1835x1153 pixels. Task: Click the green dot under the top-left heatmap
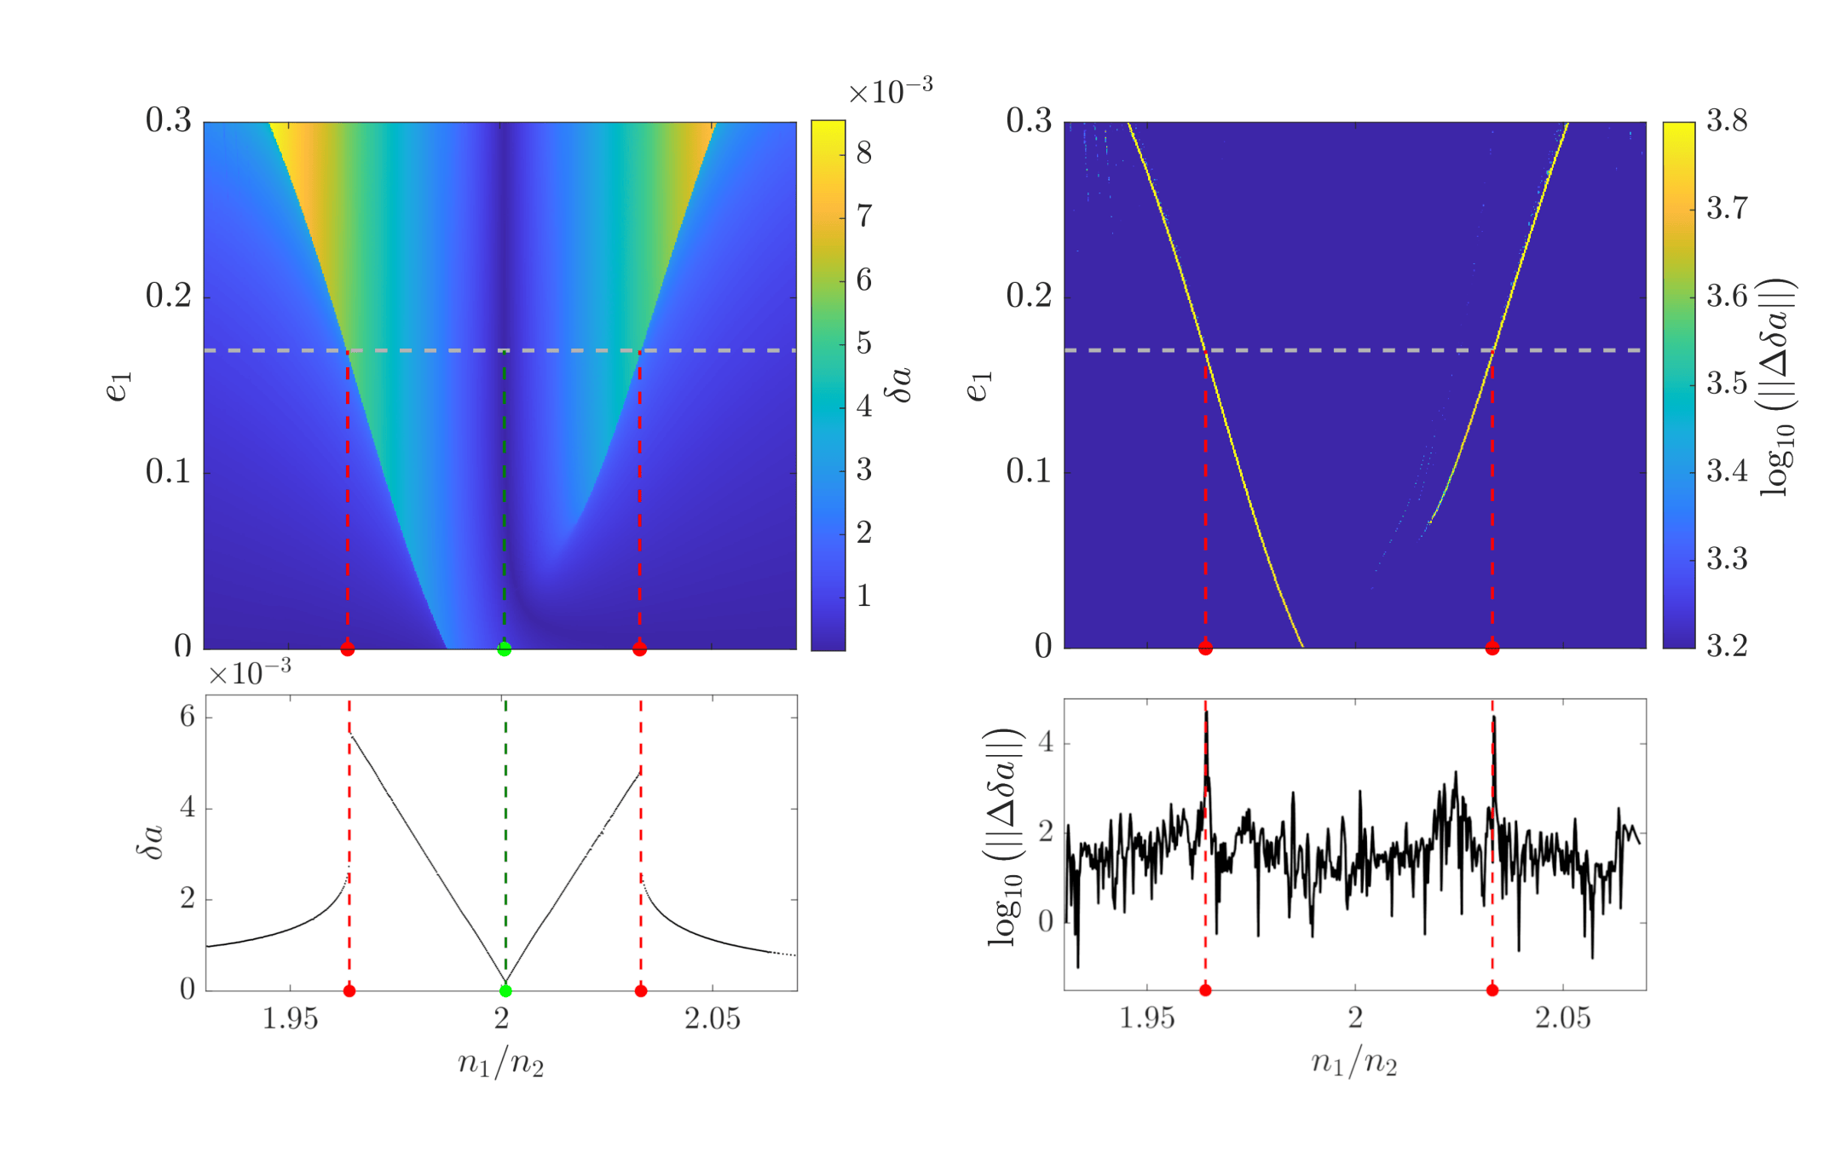(x=505, y=649)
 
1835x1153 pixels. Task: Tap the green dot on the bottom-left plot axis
(x=505, y=990)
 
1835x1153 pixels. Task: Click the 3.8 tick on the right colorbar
(x=1727, y=121)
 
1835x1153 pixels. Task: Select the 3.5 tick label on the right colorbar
(x=1727, y=383)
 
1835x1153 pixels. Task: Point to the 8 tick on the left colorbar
(x=864, y=153)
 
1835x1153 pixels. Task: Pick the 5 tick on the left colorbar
(x=864, y=343)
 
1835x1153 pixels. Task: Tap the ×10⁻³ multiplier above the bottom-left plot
(x=250, y=673)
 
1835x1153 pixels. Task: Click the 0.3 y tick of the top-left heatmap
(x=169, y=121)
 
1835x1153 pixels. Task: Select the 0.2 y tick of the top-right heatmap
(x=1029, y=296)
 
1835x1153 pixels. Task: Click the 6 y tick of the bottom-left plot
(x=188, y=717)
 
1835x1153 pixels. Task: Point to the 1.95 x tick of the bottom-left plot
(x=290, y=1018)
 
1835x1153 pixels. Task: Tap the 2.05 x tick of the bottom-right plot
(x=1563, y=1018)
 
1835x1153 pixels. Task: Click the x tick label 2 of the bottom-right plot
(x=1355, y=1018)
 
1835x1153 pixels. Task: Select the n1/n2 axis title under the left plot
(x=501, y=1064)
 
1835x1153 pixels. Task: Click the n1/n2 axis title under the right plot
(x=1354, y=1063)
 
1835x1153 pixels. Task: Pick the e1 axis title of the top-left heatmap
(x=118, y=385)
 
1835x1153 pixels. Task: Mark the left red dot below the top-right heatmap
(x=1205, y=649)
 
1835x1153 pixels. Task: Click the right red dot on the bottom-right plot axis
(x=1492, y=989)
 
